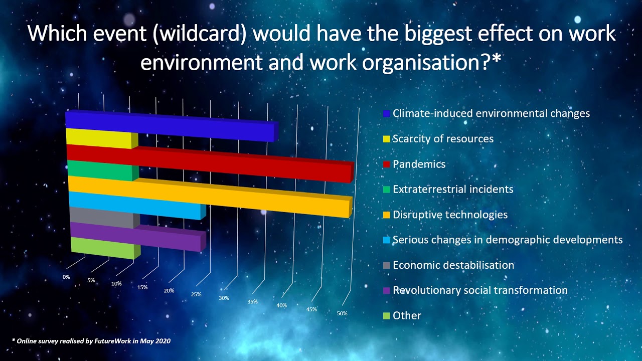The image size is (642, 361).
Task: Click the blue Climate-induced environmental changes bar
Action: [171, 126]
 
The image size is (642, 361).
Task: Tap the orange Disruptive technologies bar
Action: [211, 197]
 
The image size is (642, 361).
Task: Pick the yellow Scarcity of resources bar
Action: [99, 138]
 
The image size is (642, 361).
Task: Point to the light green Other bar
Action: [103, 248]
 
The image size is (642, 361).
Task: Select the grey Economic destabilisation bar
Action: [102, 218]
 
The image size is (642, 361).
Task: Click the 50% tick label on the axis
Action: [342, 313]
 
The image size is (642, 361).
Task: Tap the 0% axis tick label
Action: [66, 277]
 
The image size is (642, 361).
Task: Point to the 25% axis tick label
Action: [196, 294]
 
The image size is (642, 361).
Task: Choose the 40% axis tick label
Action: [282, 305]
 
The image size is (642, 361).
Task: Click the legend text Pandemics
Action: [419, 164]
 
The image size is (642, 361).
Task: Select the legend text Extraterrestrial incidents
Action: [453, 189]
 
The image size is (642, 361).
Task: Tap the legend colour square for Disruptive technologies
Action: [386, 215]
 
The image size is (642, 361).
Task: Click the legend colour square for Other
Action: [386, 316]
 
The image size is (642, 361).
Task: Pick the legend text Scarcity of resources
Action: [443, 138]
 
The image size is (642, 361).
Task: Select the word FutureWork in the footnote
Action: [116, 341]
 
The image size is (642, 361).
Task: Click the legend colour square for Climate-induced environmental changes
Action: [386, 114]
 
